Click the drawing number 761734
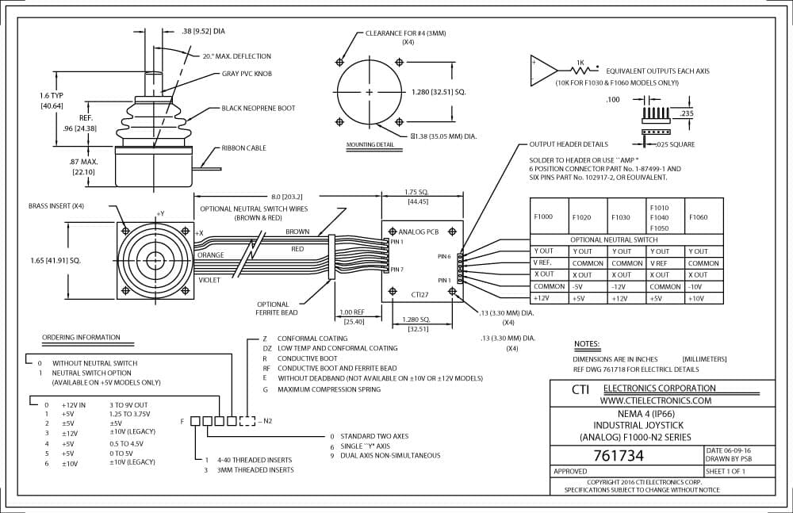pyautogui.click(x=619, y=456)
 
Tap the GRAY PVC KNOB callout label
pyautogui.click(x=247, y=74)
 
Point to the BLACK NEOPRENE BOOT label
pyautogui.click(x=259, y=109)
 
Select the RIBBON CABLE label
pyautogui.click(x=243, y=148)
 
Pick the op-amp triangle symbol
pyautogui.click(x=543, y=71)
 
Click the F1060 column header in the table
pyautogui.click(x=699, y=217)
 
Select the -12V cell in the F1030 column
pyautogui.click(x=620, y=287)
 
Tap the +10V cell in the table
pyautogui.click(x=696, y=298)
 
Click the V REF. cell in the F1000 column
pyautogui.click(x=542, y=262)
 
